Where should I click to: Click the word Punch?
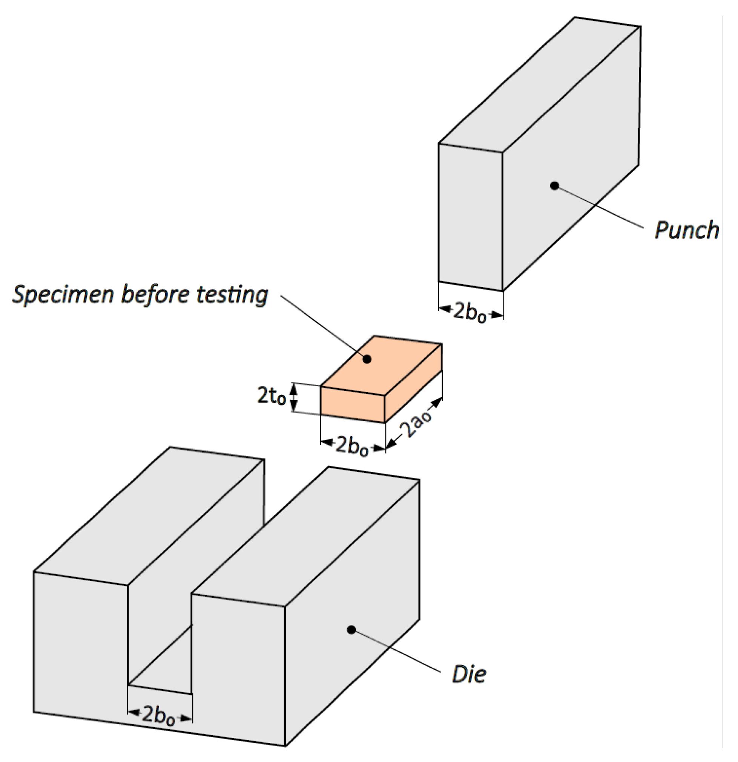point(687,231)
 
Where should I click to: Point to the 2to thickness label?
point(272,396)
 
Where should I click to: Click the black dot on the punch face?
point(554,185)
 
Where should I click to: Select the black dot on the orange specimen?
point(366,359)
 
